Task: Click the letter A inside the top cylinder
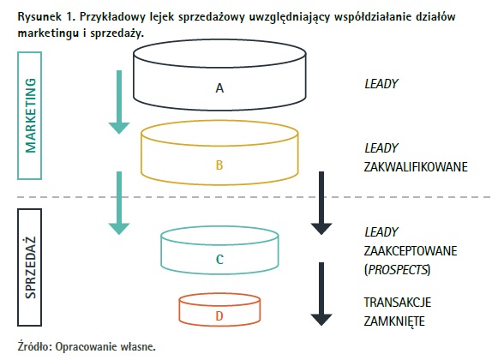(219, 88)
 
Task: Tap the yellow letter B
(219, 165)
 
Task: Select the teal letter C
(219, 260)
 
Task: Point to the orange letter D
(219, 315)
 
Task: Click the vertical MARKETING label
(31, 116)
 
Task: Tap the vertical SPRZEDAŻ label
(31, 267)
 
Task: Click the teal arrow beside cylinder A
(119, 102)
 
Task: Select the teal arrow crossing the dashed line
(119, 203)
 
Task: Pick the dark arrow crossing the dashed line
(321, 203)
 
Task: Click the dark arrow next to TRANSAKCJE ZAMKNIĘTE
(321, 294)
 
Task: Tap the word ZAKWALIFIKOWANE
(416, 167)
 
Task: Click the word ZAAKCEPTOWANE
(411, 251)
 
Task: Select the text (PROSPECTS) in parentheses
(397, 270)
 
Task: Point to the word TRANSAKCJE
(398, 303)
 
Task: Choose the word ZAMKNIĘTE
(394, 321)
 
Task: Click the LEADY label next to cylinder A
(381, 84)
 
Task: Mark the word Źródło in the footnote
(34, 346)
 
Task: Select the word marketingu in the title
(48, 33)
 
